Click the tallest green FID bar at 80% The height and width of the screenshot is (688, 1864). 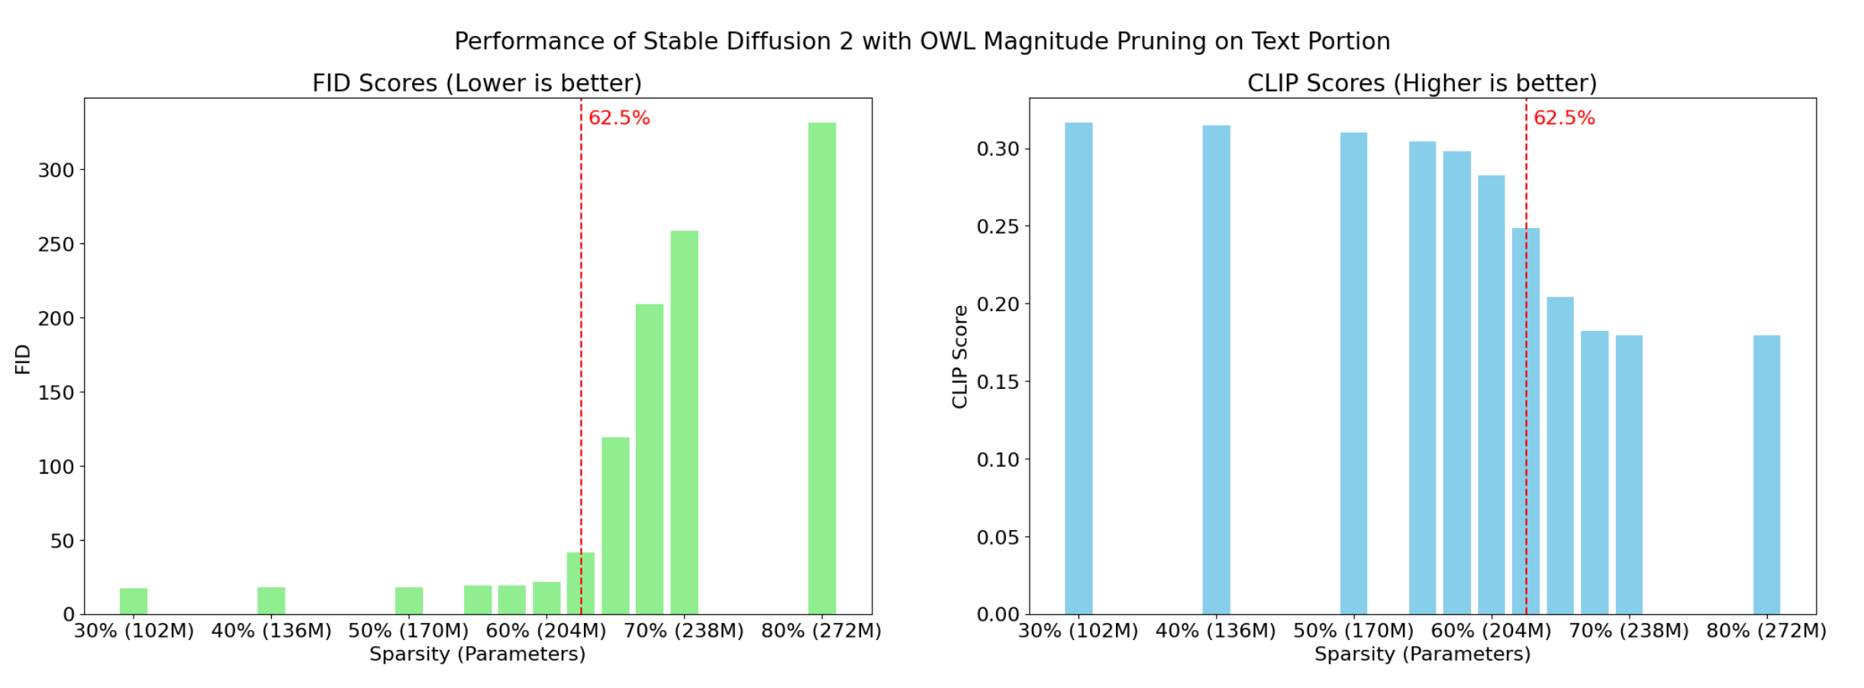point(821,368)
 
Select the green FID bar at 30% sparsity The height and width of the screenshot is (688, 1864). point(134,601)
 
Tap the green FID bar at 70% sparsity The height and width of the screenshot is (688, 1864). point(684,423)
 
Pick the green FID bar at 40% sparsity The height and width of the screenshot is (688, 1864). point(271,600)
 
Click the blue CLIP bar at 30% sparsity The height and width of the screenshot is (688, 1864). point(1078,368)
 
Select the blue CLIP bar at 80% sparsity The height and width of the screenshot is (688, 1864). point(1766,474)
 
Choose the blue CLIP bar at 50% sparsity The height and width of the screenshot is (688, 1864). point(1353,373)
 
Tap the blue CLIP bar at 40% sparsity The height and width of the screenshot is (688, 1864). point(1216,370)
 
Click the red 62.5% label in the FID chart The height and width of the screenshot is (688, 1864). point(619,118)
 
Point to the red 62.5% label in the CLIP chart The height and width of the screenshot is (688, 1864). point(1564,118)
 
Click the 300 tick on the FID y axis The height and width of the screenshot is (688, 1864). point(56,170)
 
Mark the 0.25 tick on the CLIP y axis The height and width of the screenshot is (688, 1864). point(998,227)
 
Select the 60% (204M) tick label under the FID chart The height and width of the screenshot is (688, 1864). point(546,632)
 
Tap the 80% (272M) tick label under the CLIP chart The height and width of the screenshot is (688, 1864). point(1766,632)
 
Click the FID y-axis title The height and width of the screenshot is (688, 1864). point(23,359)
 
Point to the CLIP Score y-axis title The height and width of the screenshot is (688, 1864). point(960,357)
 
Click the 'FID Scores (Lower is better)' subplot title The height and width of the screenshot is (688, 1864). point(477,83)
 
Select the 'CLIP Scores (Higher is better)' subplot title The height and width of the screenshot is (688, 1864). point(1422,83)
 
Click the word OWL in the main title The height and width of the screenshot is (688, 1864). point(947,41)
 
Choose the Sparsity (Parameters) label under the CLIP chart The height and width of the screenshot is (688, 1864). point(1422,654)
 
